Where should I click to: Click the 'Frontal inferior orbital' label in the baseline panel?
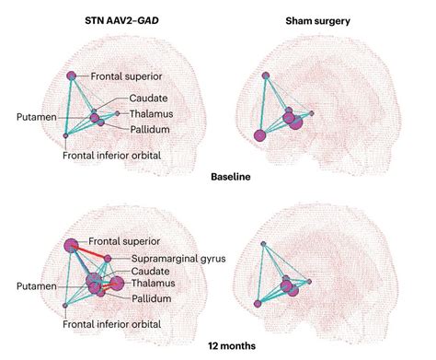tap(112, 156)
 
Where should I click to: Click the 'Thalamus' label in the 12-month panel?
tap(154, 285)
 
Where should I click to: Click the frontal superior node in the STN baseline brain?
tap(72, 75)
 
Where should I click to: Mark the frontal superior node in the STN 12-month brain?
tap(72, 245)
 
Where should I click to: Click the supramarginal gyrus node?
tap(109, 258)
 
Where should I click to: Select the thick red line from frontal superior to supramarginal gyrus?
tap(90, 251)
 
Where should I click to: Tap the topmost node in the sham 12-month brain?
tap(264, 243)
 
